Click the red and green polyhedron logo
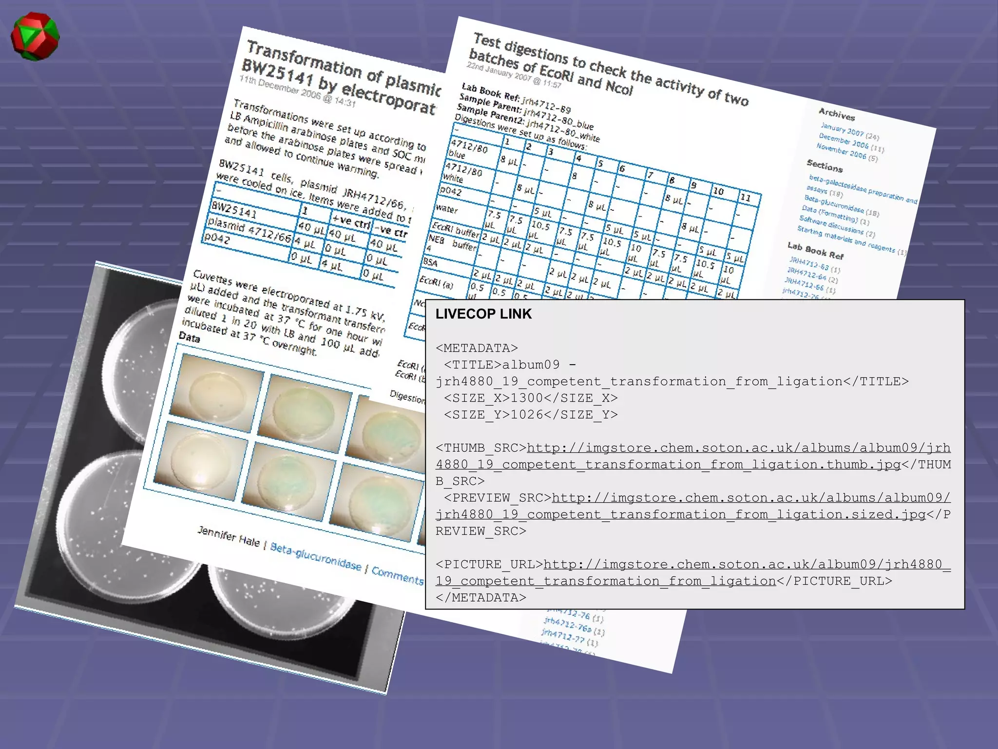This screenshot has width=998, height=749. [x=35, y=37]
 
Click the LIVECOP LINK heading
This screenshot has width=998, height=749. [x=483, y=314]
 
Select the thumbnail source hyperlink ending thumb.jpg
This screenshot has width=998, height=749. [x=692, y=456]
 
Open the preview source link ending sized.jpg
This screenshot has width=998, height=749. [x=692, y=506]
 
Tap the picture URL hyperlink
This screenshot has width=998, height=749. [x=692, y=572]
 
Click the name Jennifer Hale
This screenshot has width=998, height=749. [x=228, y=536]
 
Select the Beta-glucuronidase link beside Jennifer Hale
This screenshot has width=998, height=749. [x=315, y=556]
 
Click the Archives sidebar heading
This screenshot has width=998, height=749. [x=836, y=114]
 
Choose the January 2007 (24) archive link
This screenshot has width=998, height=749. [x=849, y=131]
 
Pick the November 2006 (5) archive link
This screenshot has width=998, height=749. [x=846, y=152]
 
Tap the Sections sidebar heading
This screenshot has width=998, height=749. [x=824, y=166]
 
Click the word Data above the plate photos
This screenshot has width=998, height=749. [x=189, y=337]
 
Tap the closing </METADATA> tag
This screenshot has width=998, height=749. [x=480, y=598]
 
